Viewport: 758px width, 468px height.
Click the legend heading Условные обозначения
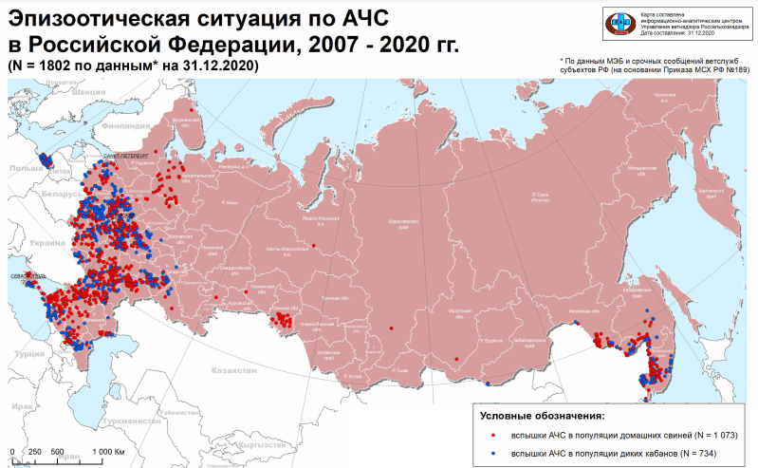pos(543,417)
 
